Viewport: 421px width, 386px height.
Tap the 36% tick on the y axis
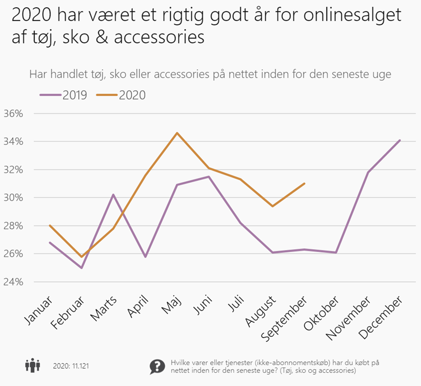click(14, 113)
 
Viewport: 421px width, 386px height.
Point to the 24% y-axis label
click(14, 282)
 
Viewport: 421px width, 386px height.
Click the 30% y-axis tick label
click(14, 198)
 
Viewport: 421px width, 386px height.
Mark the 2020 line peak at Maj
click(177, 133)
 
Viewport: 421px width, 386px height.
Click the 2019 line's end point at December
click(400, 140)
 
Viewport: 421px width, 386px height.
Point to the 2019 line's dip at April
click(145, 257)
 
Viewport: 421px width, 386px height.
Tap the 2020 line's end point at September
click(305, 183)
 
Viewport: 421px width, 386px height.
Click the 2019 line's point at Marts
click(113, 195)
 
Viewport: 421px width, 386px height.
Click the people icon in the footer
click(33, 366)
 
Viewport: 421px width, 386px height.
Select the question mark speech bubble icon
click(157, 366)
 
